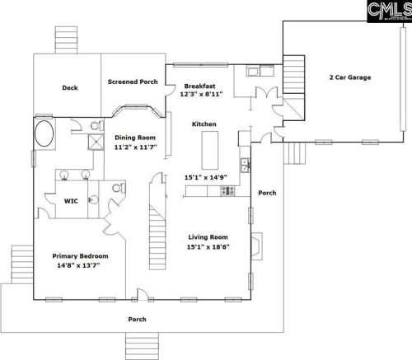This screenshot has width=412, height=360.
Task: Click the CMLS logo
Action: point(390,11)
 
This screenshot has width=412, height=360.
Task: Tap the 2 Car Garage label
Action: point(350,77)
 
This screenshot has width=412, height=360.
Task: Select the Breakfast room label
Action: point(199,86)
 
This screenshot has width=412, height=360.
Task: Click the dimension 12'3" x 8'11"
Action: point(201,94)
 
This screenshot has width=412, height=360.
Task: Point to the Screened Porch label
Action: point(133,82)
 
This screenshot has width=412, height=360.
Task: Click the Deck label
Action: point(70,88)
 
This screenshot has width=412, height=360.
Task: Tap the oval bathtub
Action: point(44,133)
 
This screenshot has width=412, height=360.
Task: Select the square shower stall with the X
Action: point(96,142)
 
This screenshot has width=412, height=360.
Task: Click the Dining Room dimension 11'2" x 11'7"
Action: point(135,147)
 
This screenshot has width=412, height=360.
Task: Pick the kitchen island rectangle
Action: point(210,150)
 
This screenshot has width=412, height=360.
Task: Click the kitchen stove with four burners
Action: point(227,191)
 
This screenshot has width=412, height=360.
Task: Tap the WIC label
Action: point(71,201)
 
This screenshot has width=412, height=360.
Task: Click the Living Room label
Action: point(208,237)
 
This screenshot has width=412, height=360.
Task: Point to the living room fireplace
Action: point(257,246)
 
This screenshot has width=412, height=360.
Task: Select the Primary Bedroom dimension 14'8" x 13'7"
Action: point(78,265)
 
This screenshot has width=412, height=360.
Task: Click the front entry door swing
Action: point(143,294)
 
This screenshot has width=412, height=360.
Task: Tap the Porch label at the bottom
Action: point(137,320)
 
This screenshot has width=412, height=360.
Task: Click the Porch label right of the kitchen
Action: point(267,193)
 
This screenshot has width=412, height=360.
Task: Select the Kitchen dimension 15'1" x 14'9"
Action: point(206,177)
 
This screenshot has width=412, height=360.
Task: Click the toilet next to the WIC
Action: point(118,188)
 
